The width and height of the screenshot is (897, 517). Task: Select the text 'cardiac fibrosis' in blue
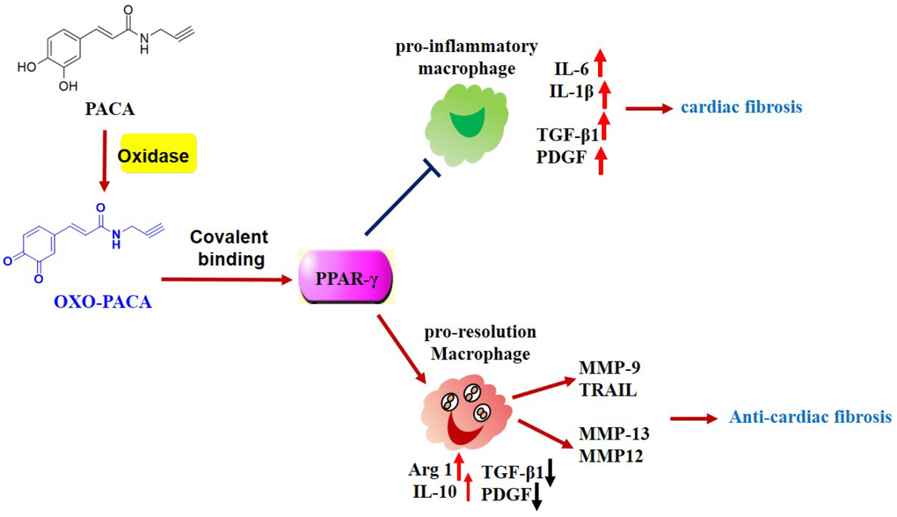741,107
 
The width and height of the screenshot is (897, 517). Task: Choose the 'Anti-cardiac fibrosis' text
810,417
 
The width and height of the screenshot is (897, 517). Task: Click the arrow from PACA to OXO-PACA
105,160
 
